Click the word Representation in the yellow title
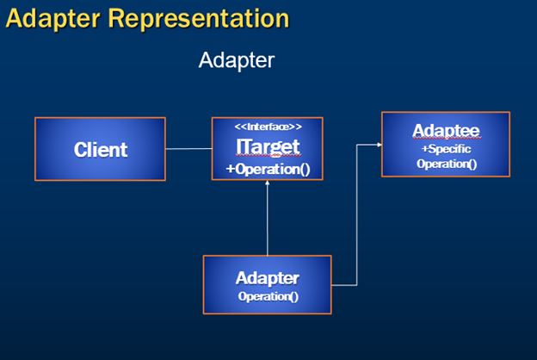point(199,18)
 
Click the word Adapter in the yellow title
point(53,19)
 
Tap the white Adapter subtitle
point(237,60)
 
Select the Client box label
point(101,150)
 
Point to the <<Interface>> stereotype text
point(268,127)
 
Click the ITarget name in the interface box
point(268,147)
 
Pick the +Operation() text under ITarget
point(268,169)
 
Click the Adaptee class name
point(446,131)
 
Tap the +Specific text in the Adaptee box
point(446,149)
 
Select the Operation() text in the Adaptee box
point(447,164)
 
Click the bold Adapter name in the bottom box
point(268,278)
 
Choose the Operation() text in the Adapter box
point(268,296)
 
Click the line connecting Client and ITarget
point(188,149)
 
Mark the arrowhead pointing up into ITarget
point(267,183)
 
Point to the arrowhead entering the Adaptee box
point(380,145)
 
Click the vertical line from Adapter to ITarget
point(267,218)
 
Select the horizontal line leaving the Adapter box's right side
point(344,285)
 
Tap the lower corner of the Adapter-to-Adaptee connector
point(357,285)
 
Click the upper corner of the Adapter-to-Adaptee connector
point(357,145)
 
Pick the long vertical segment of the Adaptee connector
point(357,215)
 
